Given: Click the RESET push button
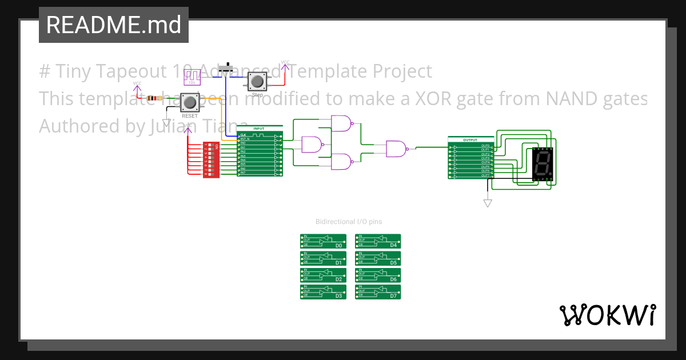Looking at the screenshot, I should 190,103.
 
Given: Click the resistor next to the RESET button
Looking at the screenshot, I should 153,98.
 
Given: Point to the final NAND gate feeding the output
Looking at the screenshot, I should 396,149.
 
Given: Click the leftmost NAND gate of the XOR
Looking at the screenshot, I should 312,145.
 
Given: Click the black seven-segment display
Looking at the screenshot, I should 542,164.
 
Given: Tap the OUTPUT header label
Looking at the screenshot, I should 470,139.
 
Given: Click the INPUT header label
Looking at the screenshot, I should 259,129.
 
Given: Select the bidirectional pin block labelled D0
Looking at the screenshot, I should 323,241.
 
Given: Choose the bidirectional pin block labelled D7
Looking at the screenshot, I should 378,292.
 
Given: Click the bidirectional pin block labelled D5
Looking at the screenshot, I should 378,258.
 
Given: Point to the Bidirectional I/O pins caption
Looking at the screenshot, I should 349,222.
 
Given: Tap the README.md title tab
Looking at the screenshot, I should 113,25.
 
